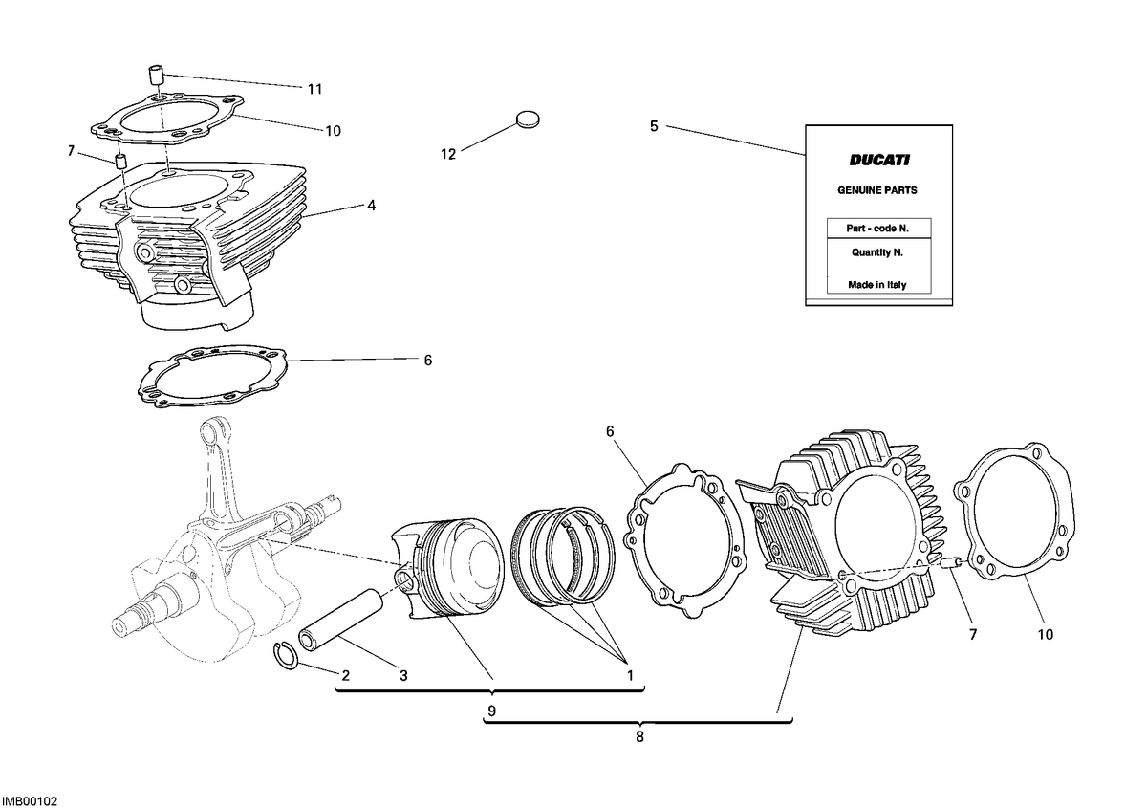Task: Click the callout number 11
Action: click(x=314, y=89)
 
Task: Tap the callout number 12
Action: click(x=448, y=154)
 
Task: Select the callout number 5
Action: click(x=654, y=126)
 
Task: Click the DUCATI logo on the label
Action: click(x=879, y=161)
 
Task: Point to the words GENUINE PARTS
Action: click(x=877, y=190)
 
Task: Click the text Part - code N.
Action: click(x=877, y=229)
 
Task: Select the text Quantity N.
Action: click(x=877, y=252)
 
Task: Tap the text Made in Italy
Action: click(x=877, y=285)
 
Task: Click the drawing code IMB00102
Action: click(x=30, y=801)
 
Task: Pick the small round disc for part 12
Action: click(x=527, y=120)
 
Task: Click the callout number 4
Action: click(x=371, y=206)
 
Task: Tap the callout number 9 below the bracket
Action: click(x=491, y=711)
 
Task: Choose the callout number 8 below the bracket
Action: click(x=639, y=737)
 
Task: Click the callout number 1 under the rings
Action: click(x=630, y=676)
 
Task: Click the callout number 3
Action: click(x=403, y=676)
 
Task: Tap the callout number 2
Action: click(x=346, y=676)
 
